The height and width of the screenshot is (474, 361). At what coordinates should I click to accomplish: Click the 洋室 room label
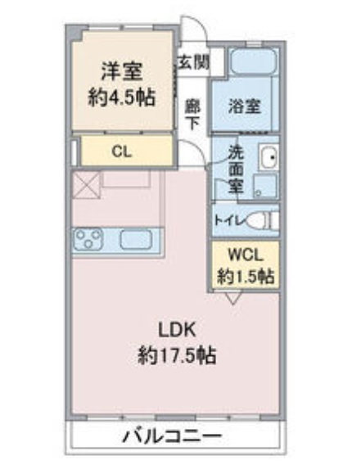pyautogui.click(x=122, y=72)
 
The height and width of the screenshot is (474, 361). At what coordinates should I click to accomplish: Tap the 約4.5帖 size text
pyautogui.click(x=122, y=96)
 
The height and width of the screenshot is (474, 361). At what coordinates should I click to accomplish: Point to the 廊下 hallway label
pyautogui.click(x=192, y=114)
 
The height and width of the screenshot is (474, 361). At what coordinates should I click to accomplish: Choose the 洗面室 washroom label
pyautogui.click(x=236, y=169)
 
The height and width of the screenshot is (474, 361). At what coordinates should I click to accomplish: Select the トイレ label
pyautogui.click(x=228, y=219)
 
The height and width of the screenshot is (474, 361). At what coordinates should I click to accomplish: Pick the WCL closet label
pyautogui.click(x=246, y=255)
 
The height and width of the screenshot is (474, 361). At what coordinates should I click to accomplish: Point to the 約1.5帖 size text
pyautogui.click(x=246, y=276)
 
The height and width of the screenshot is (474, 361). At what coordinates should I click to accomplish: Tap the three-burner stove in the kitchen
pyautogui.click(x=88, y=239)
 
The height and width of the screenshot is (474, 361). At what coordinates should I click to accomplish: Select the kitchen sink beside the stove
pyautogui.click(x=133, y=240)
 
